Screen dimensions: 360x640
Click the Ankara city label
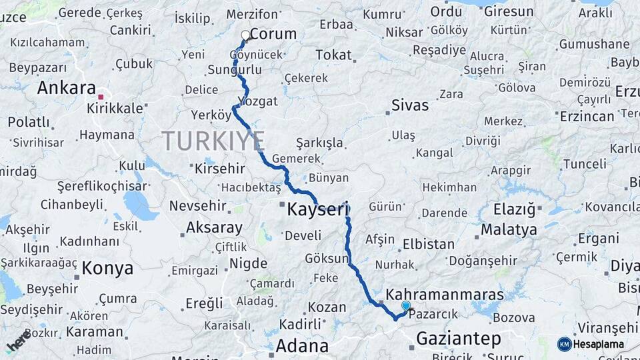click(x=67, y=88)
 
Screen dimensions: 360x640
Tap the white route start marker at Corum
click(x=245, y=35)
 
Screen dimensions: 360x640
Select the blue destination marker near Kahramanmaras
click(x=405, y=305)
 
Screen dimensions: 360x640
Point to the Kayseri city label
click(x=318, y=209)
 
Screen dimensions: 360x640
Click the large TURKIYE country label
click(x=213, y=141)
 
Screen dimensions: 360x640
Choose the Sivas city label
click(x=410, y=105)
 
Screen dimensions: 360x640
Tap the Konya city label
click(x=107, y=269)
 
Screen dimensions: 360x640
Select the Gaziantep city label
click(x=458, y=339)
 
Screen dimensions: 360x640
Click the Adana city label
click(x=302, y=346)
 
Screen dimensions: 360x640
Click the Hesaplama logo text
click(x=599, y=344)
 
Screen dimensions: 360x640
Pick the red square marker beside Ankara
click(x=101, y=97)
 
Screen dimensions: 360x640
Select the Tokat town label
click(x=333, y=55)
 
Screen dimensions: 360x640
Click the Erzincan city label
click(x=587, y=116)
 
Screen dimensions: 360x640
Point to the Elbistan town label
click(x=429, y=244)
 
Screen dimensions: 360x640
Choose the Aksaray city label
click(x=214, y=228)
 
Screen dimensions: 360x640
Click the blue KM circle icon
click(x=564, y=344)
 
